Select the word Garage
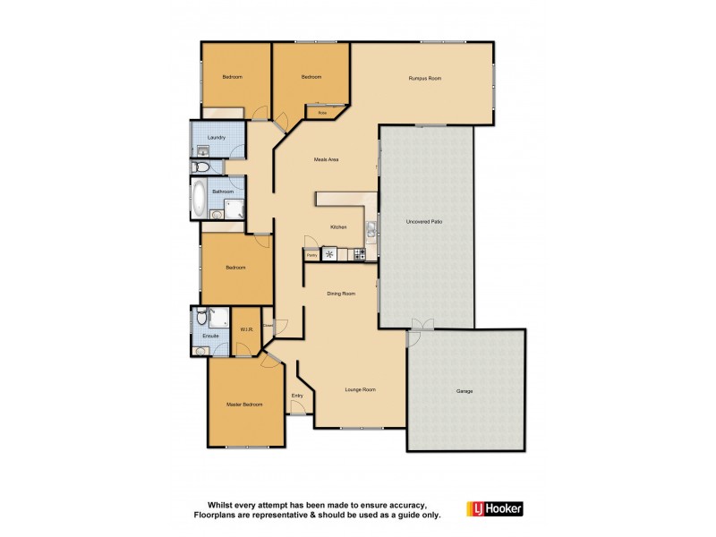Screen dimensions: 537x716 465,391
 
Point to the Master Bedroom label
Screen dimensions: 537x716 244,405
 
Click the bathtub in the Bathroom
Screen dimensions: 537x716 198,197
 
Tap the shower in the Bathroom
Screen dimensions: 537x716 235,209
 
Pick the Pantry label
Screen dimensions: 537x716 312,255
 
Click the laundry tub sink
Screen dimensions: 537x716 202,151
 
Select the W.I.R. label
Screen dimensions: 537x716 246,329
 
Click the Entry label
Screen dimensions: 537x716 297,396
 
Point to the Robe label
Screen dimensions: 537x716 321,113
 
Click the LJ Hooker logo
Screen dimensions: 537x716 494,508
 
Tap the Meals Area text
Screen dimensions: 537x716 325,160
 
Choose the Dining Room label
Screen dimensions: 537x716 340,293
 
